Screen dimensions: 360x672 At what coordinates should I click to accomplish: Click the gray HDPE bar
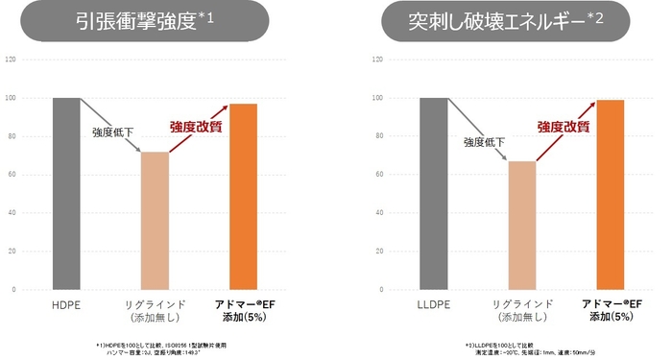(66, 192)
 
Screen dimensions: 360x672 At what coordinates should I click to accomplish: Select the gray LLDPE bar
(433, 192)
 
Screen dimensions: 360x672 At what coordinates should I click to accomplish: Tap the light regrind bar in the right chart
(522, 225)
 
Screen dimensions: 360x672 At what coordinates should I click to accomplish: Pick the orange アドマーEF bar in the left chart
(243, 196)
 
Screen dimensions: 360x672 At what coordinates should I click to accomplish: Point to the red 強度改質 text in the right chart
(564, 126)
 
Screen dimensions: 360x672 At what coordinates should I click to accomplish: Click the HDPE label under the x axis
(66, 304)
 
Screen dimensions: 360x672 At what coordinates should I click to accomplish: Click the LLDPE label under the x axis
(433, 304)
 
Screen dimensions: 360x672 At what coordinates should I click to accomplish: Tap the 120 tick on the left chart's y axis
(12, 60)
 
